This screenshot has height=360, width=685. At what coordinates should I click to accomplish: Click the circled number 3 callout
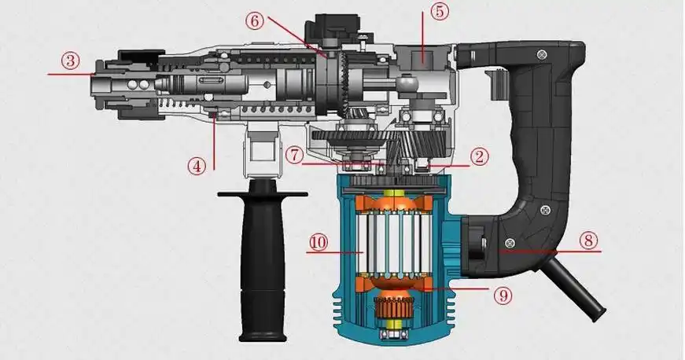[x=70, y=61]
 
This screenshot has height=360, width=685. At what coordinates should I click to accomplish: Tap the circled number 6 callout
[x=254, y=20]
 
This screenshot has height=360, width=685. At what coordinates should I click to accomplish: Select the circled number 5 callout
[x=440, y=11]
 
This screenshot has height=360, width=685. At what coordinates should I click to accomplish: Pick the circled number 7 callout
[x=296, y=155]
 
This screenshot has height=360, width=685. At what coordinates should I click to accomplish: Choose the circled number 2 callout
[x=479, y=156]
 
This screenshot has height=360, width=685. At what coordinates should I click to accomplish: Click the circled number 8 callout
[x=588, y=241]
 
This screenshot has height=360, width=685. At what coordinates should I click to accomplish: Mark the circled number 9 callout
[x=503, y=296]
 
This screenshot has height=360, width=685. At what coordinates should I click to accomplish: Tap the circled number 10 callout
[x=319, y=242]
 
